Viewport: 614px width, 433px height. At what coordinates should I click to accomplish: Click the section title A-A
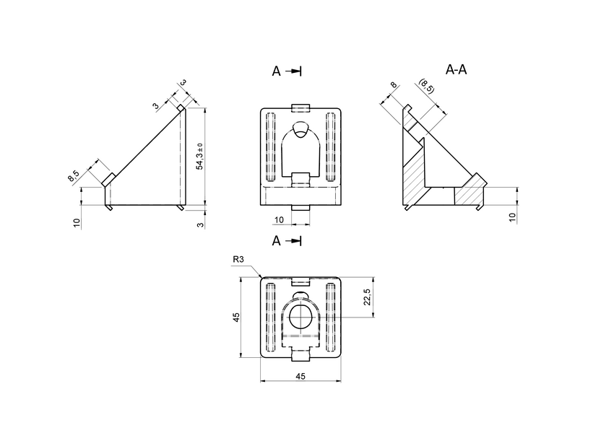pos(457,70)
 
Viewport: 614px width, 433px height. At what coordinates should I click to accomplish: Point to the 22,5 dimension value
pos(367,297)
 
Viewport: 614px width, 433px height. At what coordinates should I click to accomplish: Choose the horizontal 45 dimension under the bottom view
pos(300,375)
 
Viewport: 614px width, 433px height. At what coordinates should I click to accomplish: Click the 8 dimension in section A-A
pos(394,87)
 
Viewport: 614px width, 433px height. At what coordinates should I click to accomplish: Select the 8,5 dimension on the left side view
pos(73,175)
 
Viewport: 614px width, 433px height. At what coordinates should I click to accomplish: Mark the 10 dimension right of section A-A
pos(512,217)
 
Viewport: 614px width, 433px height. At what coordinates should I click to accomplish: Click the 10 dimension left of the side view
pos(76,222)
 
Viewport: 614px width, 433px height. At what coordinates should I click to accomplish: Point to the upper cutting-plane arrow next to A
pos(293,71)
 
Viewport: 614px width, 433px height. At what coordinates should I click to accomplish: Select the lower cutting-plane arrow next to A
pos(293,241)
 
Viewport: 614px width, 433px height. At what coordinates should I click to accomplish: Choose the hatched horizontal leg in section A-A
pos(470,192)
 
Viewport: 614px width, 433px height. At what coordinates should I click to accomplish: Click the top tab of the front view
pos(300,108)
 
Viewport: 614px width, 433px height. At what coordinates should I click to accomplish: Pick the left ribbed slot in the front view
pos(271,146)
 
